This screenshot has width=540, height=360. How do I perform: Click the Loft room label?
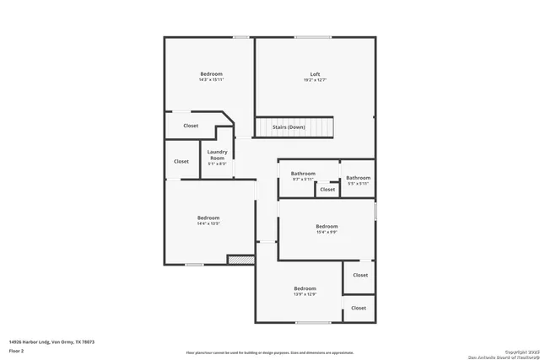315,74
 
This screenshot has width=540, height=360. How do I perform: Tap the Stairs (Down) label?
289,127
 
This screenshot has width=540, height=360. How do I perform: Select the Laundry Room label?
217,155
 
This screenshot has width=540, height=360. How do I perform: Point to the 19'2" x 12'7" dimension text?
315,81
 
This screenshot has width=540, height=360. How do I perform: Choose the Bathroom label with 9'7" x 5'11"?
303,173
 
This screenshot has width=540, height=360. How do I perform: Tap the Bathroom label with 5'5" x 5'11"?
358,177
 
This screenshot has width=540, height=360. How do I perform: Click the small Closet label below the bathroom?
327,190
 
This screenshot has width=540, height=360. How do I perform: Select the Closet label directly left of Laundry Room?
181,161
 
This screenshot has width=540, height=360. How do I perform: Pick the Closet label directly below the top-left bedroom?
191,126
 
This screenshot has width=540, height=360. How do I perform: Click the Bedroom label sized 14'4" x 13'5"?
208,218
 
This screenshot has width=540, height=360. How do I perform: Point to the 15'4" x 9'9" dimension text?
327,233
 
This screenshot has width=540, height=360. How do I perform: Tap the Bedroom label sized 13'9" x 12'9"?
305,288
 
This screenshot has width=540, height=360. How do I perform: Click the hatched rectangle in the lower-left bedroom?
240,260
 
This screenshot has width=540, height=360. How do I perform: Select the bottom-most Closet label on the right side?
359,308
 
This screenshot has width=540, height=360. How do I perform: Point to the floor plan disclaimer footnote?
270,352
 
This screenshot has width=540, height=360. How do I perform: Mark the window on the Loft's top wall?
312,37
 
